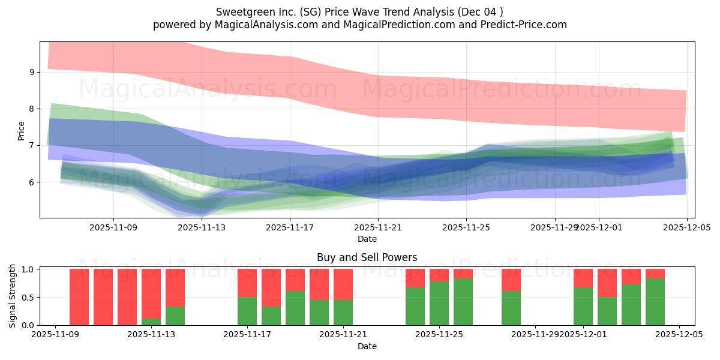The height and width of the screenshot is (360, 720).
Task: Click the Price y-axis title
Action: point(22,131)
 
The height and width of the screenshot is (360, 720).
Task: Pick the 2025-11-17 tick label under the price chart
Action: point(290,227)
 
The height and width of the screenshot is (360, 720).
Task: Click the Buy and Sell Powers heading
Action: point(367,257)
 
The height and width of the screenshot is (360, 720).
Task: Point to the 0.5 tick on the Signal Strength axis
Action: point(28,298)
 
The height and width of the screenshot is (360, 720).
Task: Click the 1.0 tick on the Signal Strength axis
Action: point(28,269)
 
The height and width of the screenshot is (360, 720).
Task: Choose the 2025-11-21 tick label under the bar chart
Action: point(343,335)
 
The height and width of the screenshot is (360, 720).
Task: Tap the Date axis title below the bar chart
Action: point(367,346)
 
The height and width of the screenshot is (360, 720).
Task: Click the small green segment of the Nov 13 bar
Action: point(151,322)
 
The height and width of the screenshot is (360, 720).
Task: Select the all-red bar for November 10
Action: point(79,297)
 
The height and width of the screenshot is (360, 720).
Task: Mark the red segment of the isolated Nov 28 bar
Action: point(511,280)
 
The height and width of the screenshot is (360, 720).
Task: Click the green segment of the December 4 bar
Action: point(655,302)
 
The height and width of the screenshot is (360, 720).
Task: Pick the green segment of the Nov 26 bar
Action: point(463,302)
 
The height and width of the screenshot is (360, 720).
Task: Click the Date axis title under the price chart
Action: point(367,239)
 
